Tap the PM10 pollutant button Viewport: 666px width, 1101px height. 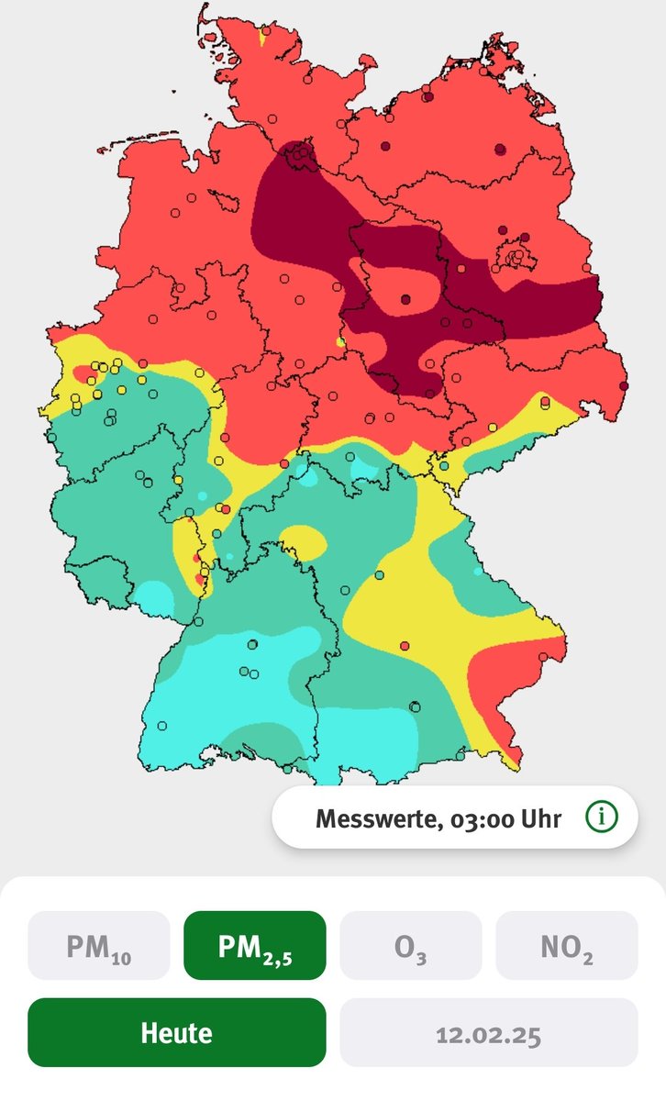point(99,945)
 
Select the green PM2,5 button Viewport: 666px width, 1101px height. point(255,945)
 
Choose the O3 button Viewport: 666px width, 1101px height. point(410,945)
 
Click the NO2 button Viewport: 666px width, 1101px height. point(566,945)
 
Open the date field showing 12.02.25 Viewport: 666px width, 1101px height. point(488,1032)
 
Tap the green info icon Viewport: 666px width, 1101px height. point(602,817)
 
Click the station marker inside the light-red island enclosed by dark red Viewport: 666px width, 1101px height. point(405,298)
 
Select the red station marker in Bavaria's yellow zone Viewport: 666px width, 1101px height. point(405,646)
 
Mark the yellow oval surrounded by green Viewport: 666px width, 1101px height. point(302,541)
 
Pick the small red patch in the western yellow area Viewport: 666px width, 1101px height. point(83,373)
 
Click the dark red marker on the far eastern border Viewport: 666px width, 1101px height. point(625,385)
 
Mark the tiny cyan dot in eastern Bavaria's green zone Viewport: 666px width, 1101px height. point(477,571)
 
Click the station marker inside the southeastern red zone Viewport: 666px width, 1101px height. point(543,656)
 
